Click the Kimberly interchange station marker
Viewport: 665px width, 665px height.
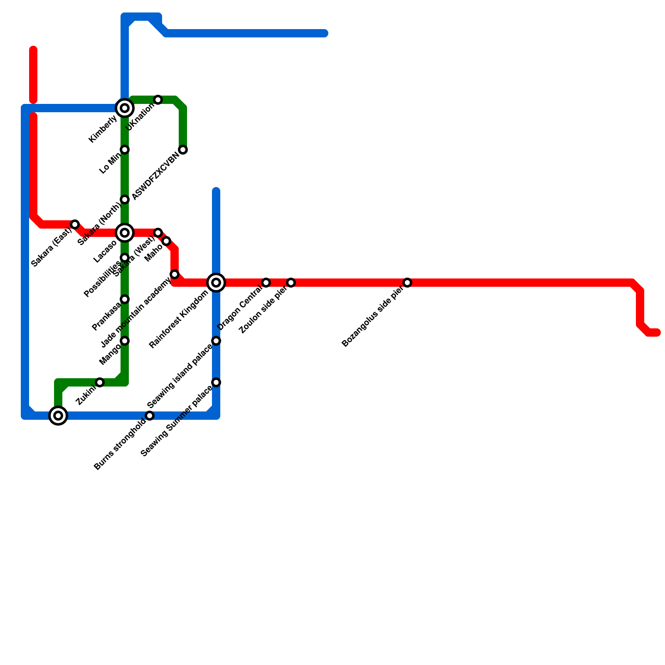coord(125,108)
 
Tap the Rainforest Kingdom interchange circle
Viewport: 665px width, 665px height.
coord(216,283)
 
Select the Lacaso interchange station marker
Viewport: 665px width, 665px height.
coord(125,233)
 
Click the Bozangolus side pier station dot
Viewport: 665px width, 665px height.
coord(407,283)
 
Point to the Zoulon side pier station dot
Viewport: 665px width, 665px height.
coord(291,283)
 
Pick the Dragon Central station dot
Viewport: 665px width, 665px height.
coord(266,283)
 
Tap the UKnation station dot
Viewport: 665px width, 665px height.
coord(158,100)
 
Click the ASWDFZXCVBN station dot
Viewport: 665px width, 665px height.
coord(183,150)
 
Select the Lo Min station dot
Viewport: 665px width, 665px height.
coord(125,150)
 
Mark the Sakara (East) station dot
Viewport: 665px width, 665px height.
coord(75,224)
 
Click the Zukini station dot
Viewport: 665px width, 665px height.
coord(100,382)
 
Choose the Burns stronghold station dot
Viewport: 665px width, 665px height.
coord(150,416)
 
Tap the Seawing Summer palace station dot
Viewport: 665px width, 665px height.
coord(216,382)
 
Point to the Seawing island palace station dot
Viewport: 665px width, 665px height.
coord(216,341)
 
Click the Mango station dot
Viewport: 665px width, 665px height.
coord(125,341)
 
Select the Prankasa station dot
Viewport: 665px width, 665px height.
coord(125,299)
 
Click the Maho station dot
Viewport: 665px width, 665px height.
coord(166,241)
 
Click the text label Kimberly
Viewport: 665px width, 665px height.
coord(103,129)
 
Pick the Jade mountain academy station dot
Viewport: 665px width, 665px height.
coord(175,274)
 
